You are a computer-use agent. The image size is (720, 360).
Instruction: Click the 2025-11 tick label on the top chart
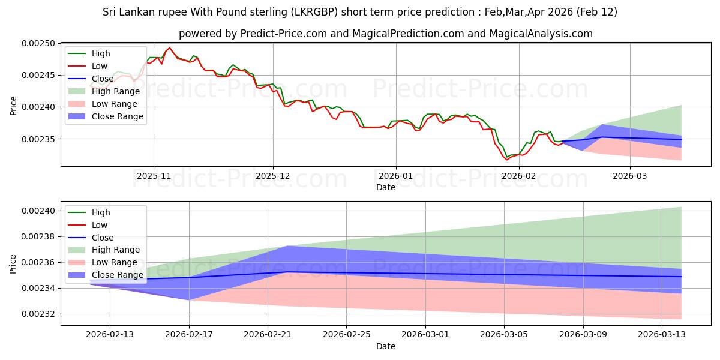(x=154, y=175)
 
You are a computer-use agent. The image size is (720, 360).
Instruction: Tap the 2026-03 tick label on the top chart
(x=630, y=175)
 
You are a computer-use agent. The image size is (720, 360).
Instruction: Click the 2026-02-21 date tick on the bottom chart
(x=268, y=335)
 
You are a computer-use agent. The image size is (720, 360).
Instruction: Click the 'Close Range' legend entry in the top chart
(x=118, y=116)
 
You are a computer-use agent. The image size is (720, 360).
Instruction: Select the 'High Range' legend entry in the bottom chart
(x=116, y=250)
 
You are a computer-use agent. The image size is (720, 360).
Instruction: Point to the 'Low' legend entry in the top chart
(x=100, y=66)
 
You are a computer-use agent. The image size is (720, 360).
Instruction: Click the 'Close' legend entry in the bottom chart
(x=103, y=238)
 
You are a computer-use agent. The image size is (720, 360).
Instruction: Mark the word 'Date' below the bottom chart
(x=386, y=346)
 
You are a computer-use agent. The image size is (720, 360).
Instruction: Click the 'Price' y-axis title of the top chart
(x=13, y=106)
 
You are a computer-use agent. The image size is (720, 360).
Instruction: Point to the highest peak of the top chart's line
(x=169, y=47)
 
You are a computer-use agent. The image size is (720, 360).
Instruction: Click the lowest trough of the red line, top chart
(x=506, y=160)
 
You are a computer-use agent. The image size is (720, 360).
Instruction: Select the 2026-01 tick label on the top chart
(x=395, y=175)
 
